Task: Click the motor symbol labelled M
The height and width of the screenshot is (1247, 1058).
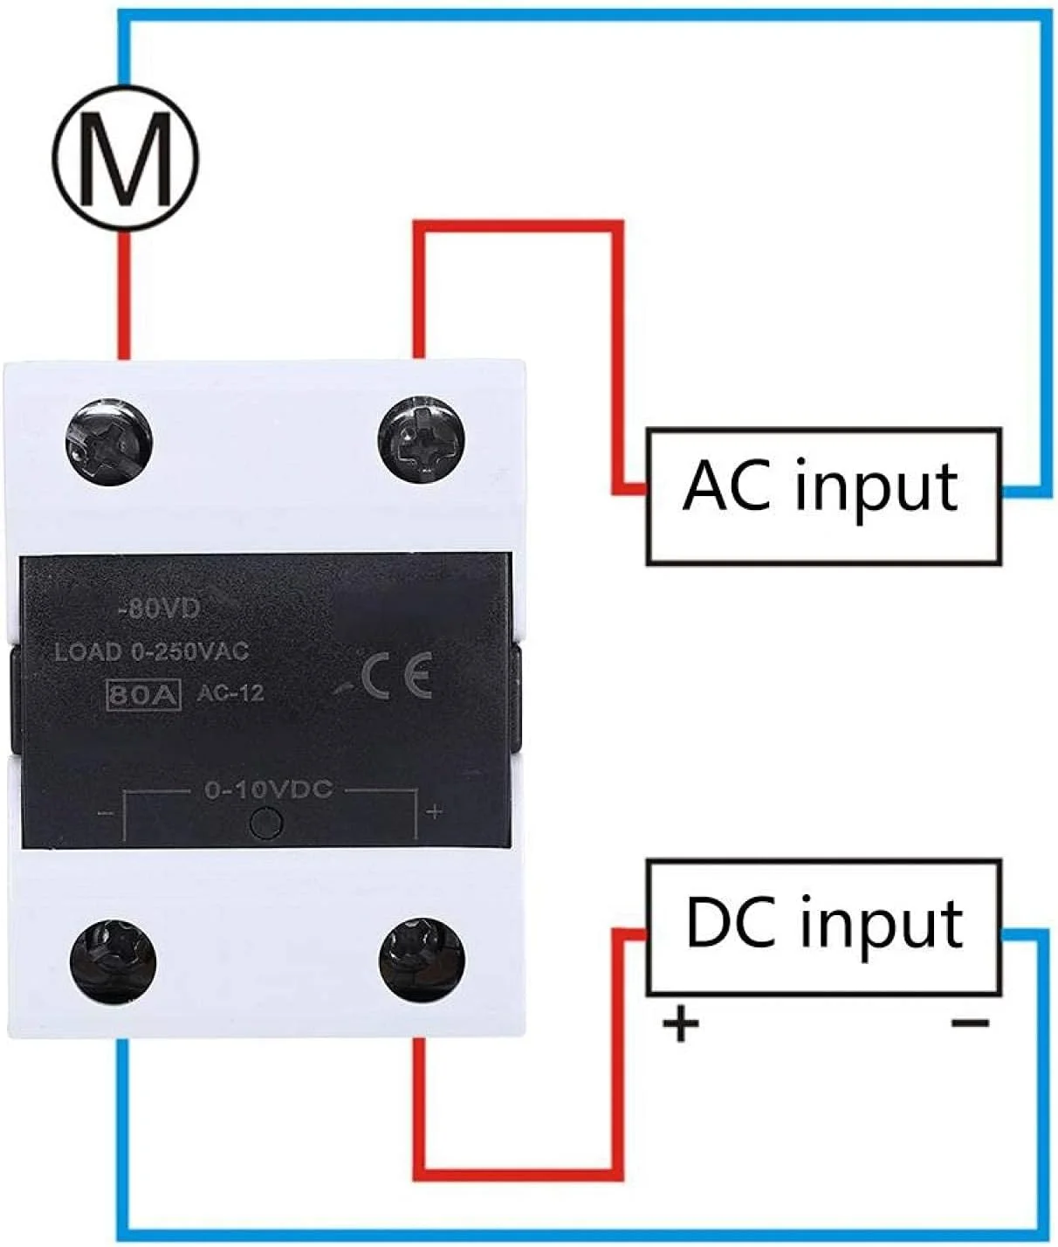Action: click(125, 158)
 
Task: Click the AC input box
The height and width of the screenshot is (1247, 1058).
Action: click(822, 496)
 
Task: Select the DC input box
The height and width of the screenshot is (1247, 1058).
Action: click(822, 927)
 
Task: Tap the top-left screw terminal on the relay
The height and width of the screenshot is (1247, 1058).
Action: click(109, 437)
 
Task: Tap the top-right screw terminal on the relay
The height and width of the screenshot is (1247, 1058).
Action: click(423, 437)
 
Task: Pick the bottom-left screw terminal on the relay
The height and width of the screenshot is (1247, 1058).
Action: click(113, 961)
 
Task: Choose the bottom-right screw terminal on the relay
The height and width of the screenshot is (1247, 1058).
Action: click(423, 961)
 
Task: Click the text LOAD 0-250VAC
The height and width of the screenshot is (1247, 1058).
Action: click(151, 651)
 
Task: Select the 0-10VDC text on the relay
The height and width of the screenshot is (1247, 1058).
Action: click(268, 789)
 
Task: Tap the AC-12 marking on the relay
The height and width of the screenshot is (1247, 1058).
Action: click(230, 694)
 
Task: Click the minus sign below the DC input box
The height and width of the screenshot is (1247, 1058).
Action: click(969, 1023)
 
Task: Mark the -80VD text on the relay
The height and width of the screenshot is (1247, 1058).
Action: click(159, 609)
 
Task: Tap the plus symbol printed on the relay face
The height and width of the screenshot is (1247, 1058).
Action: click(434, 812)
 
